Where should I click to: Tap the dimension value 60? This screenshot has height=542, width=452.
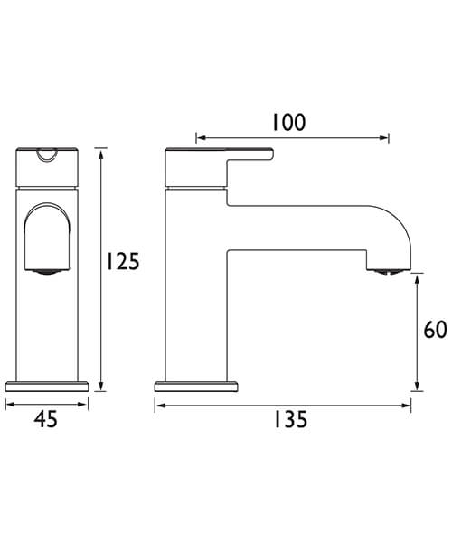pyautogui.click(x=435, y=330)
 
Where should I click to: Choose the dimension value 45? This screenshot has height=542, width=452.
pyautogui.click(x=46, y=419)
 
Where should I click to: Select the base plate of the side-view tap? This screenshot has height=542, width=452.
pyautogui.click(x=197, y=385)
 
